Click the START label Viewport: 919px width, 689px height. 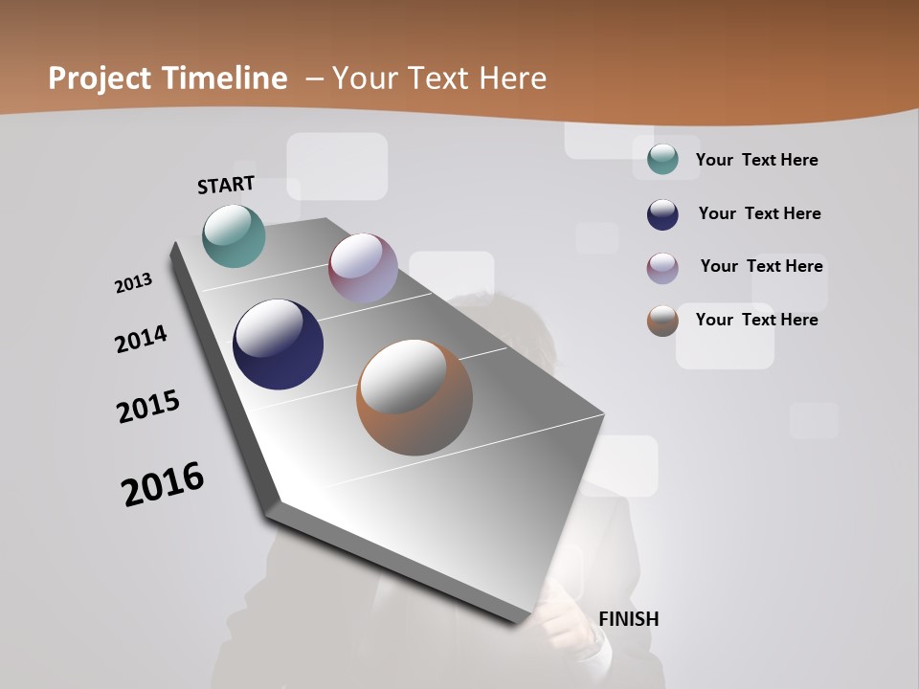click(x=226, y=184)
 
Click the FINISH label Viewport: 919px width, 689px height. click(x=629, y=619)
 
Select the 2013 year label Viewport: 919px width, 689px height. click(x=133, y=283)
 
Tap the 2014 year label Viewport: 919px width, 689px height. click(x=141, y=339)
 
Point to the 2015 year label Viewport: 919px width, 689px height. click(x=148, y=407)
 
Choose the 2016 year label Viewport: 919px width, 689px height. click(x=163, y=483)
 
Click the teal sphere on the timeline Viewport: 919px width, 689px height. click(x=235, y=235)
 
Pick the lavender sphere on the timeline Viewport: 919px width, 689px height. click(x=363, y=268)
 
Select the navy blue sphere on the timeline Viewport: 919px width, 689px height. click(x=278, y=344)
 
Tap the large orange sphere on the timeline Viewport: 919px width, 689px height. click(x=415, y=397)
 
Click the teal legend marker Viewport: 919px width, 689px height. click(x=662, y=159)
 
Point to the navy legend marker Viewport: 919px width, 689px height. click(x=662, y=214)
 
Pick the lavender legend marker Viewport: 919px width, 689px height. click(x=662, y=268)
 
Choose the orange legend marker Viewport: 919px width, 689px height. click(x=662, y=321)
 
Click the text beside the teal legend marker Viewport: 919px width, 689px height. click(x=756, y=160)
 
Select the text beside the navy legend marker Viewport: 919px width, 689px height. click(x=759, y=213)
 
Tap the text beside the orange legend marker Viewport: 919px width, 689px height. click(x=756, y=320)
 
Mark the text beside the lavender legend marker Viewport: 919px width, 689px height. click(x=761, y=266)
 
